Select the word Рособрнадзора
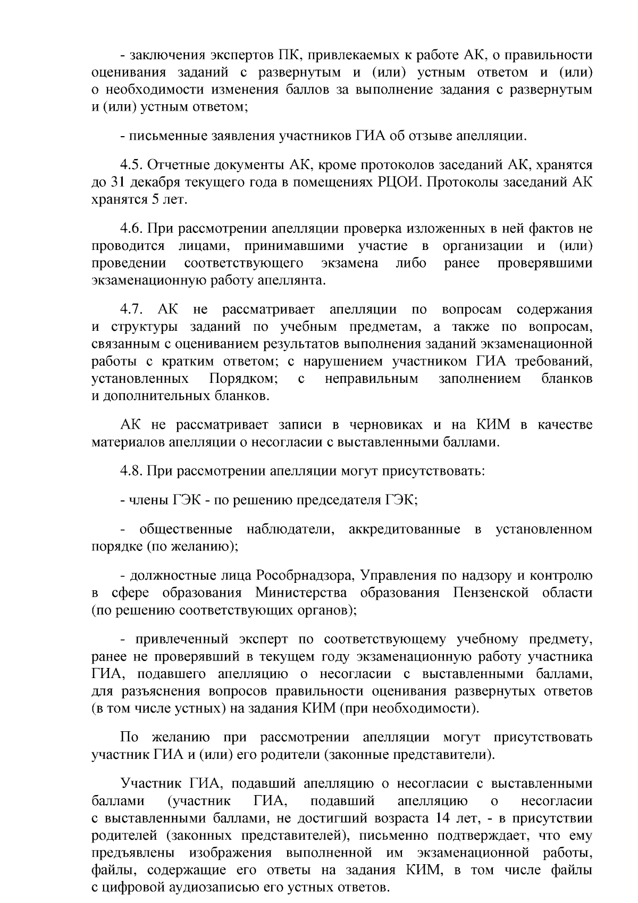(304, 575)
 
